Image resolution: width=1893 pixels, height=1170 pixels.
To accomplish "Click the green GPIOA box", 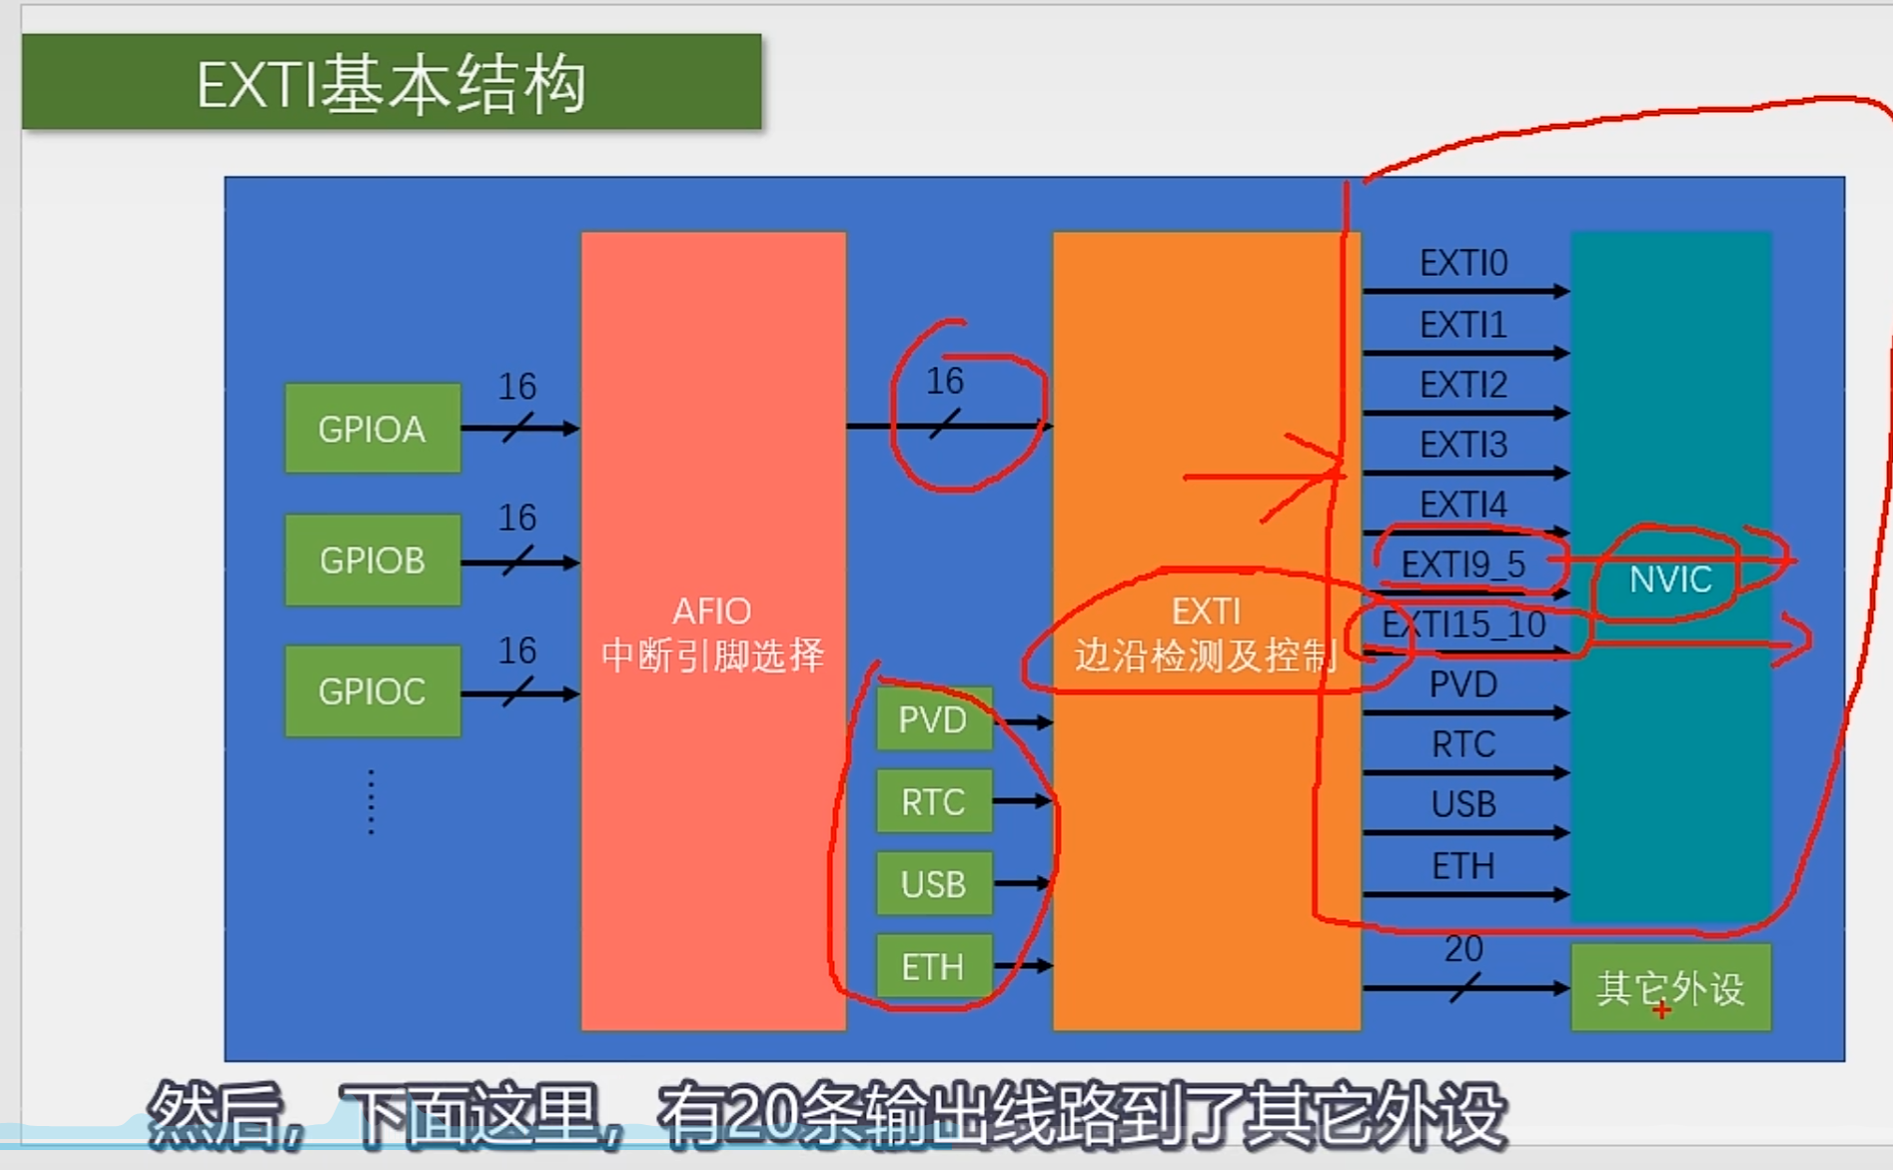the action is click(372, 429).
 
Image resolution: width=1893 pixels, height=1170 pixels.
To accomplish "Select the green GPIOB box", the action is click(372, 561).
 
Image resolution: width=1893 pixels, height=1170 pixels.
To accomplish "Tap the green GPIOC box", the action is click(372, 691).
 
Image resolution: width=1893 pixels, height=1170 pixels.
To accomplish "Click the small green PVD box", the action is click(933, 719).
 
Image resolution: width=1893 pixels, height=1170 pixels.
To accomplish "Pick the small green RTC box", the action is click(933, 801).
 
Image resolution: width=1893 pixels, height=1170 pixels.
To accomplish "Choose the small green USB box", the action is click(933, 884).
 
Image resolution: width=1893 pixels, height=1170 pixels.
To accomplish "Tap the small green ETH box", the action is click(933, 967).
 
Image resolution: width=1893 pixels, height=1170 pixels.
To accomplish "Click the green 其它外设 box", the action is click(1670, 988).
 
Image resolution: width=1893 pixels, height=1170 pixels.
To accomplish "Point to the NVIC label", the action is click(1670, 580).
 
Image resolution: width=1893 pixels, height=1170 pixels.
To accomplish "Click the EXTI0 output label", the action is click(1463, 264).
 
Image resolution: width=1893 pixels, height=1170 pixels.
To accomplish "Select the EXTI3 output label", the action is click(1463, 445).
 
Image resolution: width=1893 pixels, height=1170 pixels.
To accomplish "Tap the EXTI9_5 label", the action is click(1463, 565).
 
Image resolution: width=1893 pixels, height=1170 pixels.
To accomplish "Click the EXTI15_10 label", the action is click(1463, 625).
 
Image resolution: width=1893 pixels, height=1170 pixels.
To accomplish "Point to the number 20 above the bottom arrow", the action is click(1463, 948).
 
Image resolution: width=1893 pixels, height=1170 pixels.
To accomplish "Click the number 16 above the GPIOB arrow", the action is click(517, 518).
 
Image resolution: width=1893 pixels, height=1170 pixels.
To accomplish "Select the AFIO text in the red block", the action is click(711, 610).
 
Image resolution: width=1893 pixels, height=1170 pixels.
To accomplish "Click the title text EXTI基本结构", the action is click(391, 84).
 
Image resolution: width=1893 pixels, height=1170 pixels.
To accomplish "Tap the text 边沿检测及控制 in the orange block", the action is click(1206, 656).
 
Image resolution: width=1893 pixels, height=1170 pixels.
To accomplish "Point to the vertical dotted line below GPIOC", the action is click(372, 801).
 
